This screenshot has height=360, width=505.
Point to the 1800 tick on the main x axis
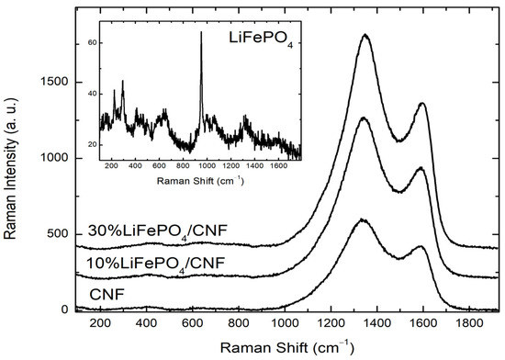469,324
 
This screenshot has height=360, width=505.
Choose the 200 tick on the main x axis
100,324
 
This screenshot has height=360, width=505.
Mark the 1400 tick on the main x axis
376,324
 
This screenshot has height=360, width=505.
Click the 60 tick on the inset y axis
92,43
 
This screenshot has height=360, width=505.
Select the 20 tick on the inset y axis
92,145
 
